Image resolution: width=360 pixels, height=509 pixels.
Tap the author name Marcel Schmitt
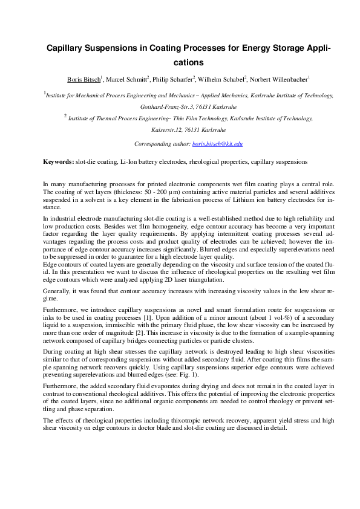point(128,79)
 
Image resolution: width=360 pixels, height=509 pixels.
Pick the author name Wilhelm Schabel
point(223,79)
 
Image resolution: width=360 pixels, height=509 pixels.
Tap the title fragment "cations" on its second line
point(180,62)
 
